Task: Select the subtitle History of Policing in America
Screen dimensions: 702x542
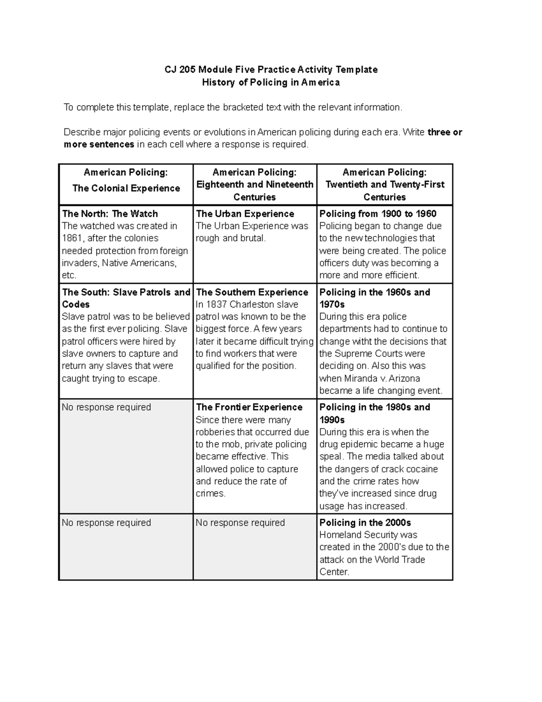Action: click(x=271, y=82)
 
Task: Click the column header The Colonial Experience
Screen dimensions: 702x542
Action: click(x=126, y=188)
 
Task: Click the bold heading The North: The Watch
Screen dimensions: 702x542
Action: click(x=110, y=214)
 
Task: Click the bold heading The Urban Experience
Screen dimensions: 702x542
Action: click(x=245, y=214)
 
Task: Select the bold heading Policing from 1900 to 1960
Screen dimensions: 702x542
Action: click(x=378, y=214)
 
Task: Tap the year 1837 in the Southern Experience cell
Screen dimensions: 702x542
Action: click(x=216, y=305)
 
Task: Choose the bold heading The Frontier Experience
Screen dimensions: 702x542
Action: click(x=249, y=407)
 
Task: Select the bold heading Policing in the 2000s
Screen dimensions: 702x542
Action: click(x=365, y=523)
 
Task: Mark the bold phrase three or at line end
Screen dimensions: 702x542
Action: click(x=445, y=132)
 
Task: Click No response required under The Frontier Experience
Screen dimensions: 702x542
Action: click(x=240, y=523)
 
